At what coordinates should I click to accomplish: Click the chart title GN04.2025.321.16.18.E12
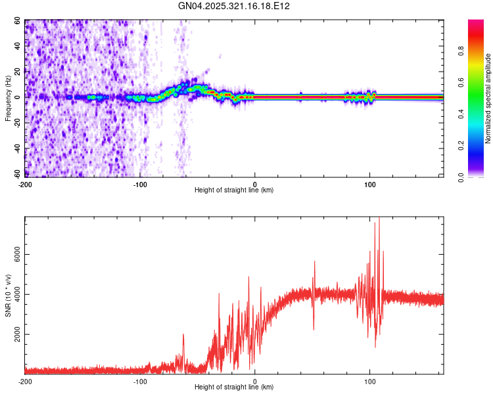click(x=235, y=6)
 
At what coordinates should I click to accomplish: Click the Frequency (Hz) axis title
click(x=9, y=98)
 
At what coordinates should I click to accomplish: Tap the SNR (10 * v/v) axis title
click(x=9, y=295)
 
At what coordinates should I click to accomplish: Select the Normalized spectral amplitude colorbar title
click(x=488, y=98)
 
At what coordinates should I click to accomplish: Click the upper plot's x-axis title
click(x=234, y=190)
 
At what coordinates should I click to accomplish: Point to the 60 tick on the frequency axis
click(x=18, y=21)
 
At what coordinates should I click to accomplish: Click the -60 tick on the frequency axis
click(x=16, y=174)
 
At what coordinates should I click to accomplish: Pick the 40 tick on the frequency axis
click(x=18, y=46)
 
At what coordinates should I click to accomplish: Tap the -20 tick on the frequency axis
click(x=16, y=123)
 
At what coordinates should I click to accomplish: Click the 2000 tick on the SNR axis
click(x=14, y=334)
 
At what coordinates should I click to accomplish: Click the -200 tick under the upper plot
click(x=25, y=184)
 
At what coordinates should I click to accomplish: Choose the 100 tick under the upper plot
click(x=369, y=184)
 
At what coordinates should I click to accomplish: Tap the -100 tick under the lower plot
click(x=140, y=381)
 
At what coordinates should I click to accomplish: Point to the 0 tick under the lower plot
click(x=255, y=381)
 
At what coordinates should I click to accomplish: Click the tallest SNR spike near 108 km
click(x=379, y=219)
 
